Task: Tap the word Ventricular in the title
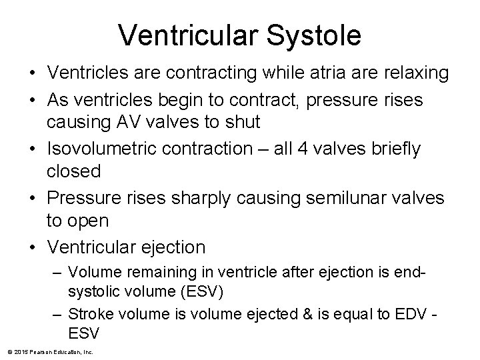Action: click(185, 34)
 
